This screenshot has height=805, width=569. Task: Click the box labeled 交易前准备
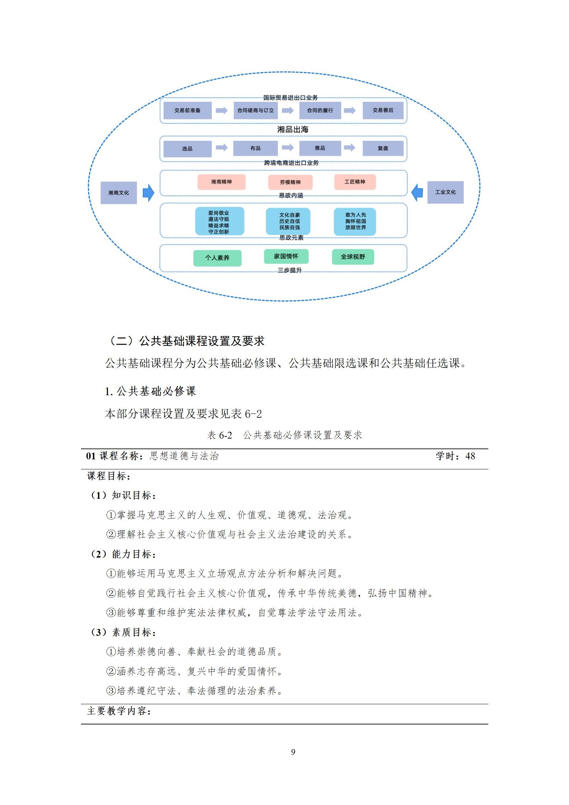click(x=187, y=110)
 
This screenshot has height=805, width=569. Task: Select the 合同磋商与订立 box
click(x=255, y=110)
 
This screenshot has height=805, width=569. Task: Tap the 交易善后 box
click(x=383, y=110)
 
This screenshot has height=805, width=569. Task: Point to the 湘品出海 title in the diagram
click(x=293, y=129)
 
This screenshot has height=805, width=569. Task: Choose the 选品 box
click(x=187, y=148)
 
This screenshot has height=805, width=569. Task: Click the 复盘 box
click(x=383, y=148)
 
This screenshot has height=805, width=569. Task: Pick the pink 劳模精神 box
click(x=290, y=182)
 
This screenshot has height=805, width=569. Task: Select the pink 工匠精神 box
click(x=355, y=182)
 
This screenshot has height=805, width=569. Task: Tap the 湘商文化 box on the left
click(x=118, y=193)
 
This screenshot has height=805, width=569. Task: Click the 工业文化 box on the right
click(x=445, y=192)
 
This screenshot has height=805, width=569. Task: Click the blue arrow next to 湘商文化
click(x=148, y=193)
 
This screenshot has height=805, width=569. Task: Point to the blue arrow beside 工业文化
click(x=417, y=192)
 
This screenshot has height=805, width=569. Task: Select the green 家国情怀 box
click(x=286, y=256)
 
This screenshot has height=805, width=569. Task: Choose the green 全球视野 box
click(x=353, y=257)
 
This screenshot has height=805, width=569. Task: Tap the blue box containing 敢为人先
click(x=355, y=221)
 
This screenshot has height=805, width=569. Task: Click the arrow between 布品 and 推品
click(x=288, y=148)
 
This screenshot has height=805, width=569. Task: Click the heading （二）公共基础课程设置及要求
click(x=186, y=341)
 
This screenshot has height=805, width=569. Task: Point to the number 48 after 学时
click(x=470, y=456)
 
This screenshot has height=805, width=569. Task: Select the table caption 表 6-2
click(x=219, y=435)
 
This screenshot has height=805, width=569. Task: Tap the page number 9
click(x=293, y=752)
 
